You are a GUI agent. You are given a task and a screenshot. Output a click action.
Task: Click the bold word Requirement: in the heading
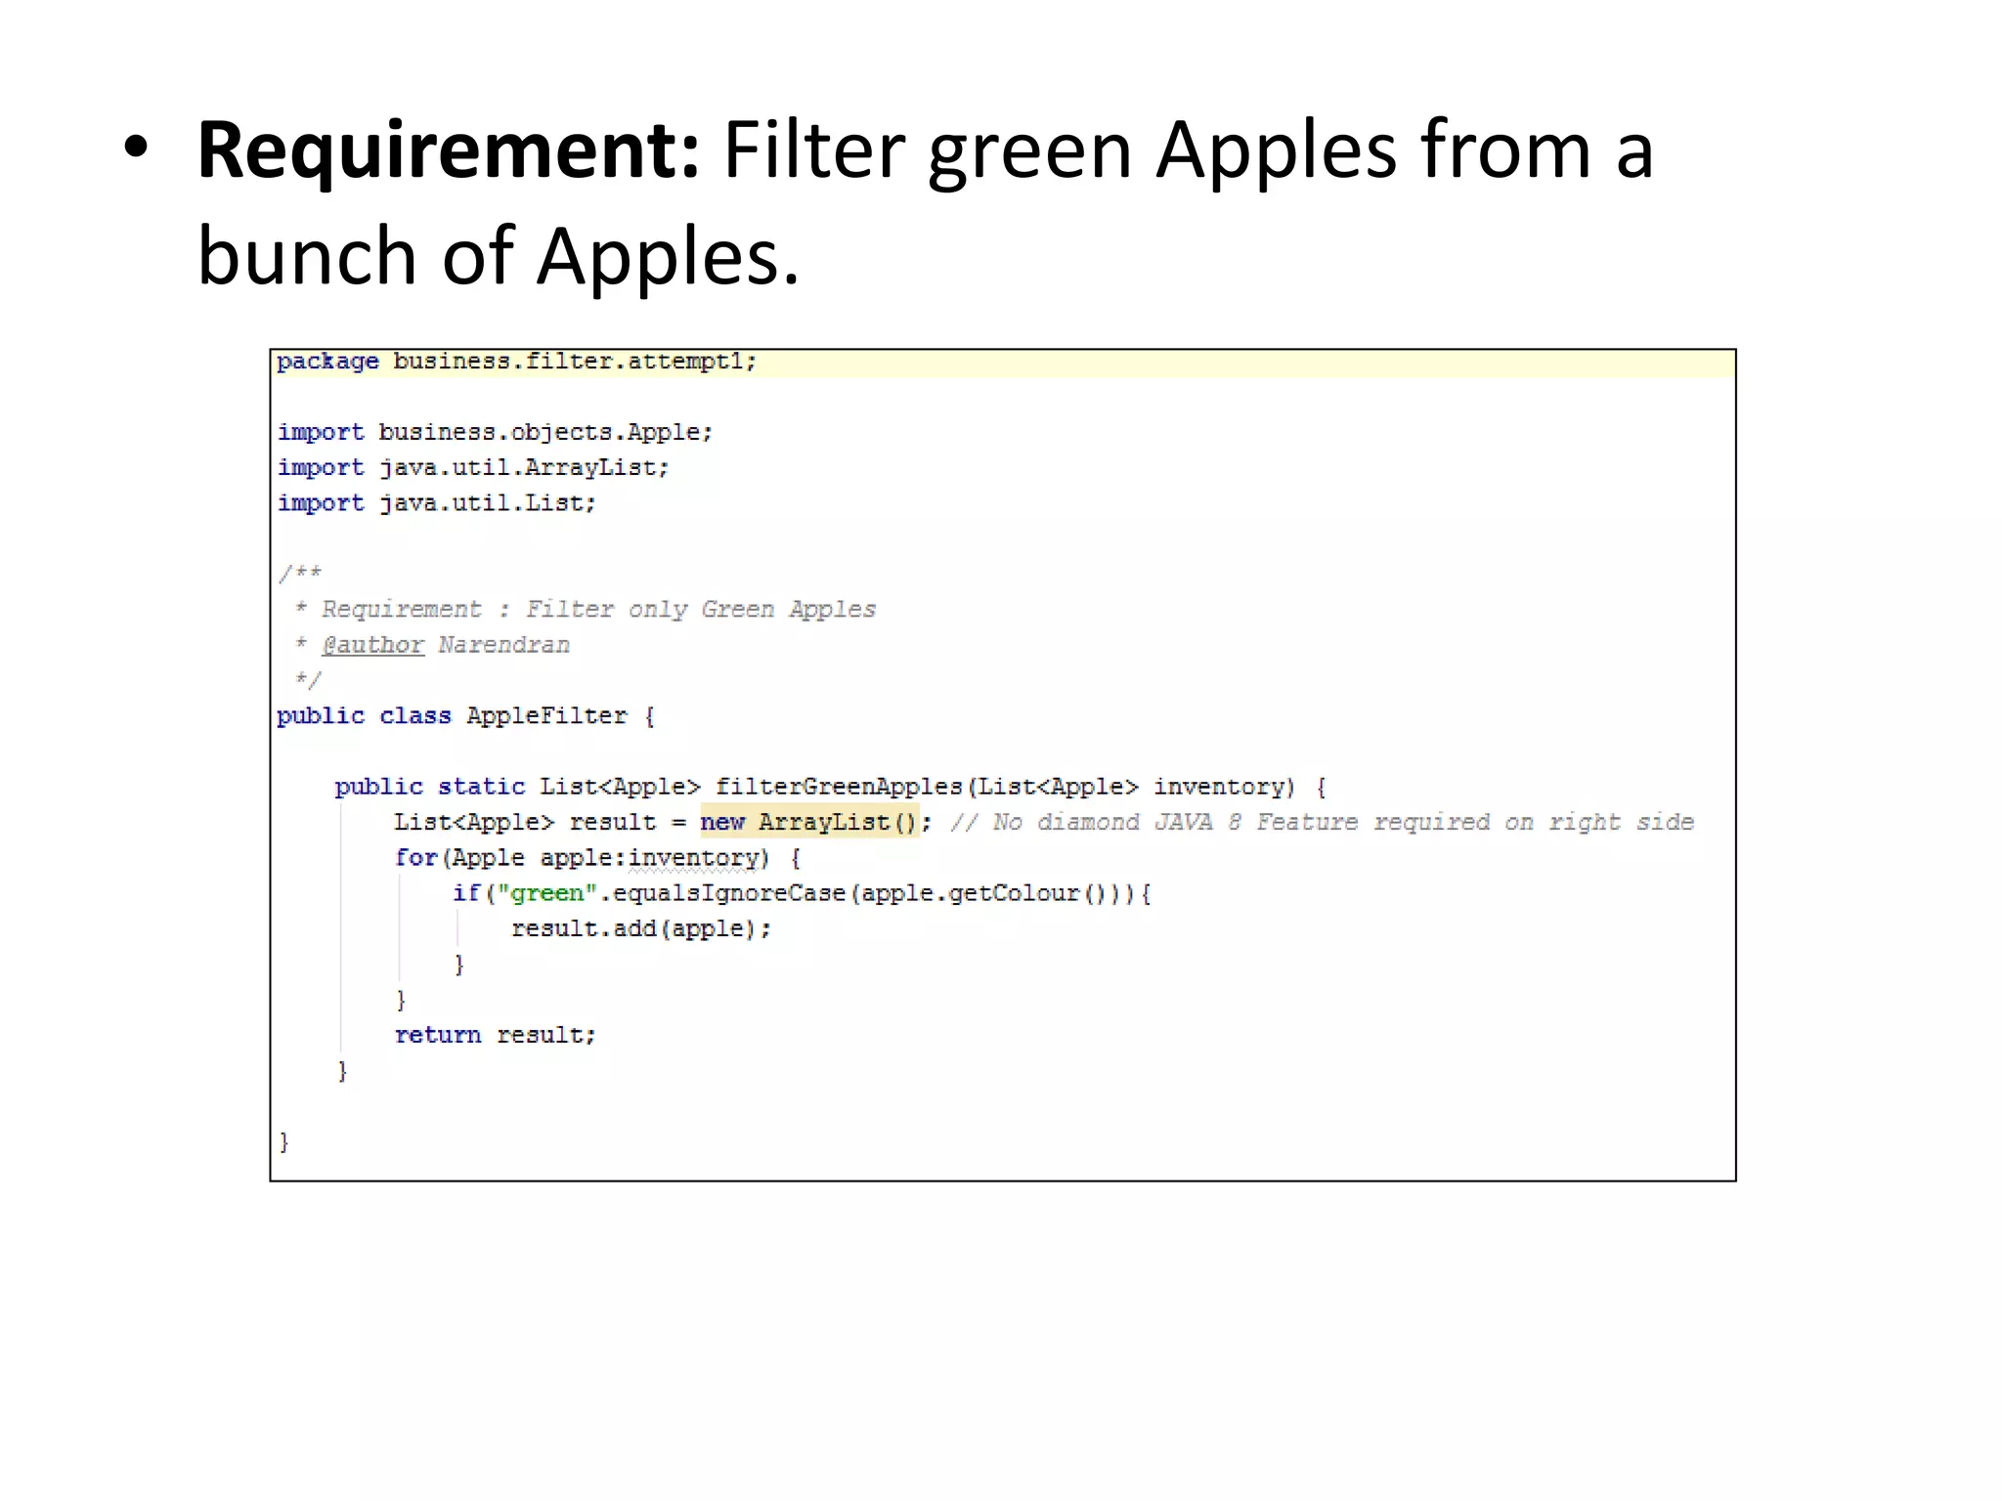(x=448, y=151)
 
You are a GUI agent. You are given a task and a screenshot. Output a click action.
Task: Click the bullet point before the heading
(x=137, y=150)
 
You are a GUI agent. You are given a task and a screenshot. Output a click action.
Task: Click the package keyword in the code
(x=327, y=362)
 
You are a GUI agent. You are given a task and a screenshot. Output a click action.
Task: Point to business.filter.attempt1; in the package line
(x=575, y=362)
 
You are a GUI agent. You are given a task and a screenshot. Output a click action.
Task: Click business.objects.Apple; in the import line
(x=545, y=432)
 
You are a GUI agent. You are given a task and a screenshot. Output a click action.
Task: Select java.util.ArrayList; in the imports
(x=524, y=467)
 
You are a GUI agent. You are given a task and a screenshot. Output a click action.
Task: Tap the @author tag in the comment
(x=372, y=645)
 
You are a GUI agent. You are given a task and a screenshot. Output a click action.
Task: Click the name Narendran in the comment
(x=503, y=645)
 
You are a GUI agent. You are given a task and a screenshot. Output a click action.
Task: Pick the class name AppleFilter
(x=546, y=715)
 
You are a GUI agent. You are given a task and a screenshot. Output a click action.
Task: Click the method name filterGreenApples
(x=839, y=787)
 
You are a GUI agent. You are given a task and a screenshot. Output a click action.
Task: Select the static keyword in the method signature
(x=481, y=787)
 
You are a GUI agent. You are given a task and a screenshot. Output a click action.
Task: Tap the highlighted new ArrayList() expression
(x=808, y=822)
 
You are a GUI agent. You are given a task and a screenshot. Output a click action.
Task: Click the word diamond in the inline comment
(x=1088, y=822)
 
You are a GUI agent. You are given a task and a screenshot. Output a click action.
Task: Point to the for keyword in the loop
(x=415, y=858)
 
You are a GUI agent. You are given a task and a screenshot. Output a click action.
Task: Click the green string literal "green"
(x=546, y=893)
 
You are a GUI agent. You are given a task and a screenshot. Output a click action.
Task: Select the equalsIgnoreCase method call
(x=728, y=893)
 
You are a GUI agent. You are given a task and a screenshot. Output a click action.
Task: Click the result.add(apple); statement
(x=641, y=928)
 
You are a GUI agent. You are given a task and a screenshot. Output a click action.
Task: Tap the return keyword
(x=438, y=1035)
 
